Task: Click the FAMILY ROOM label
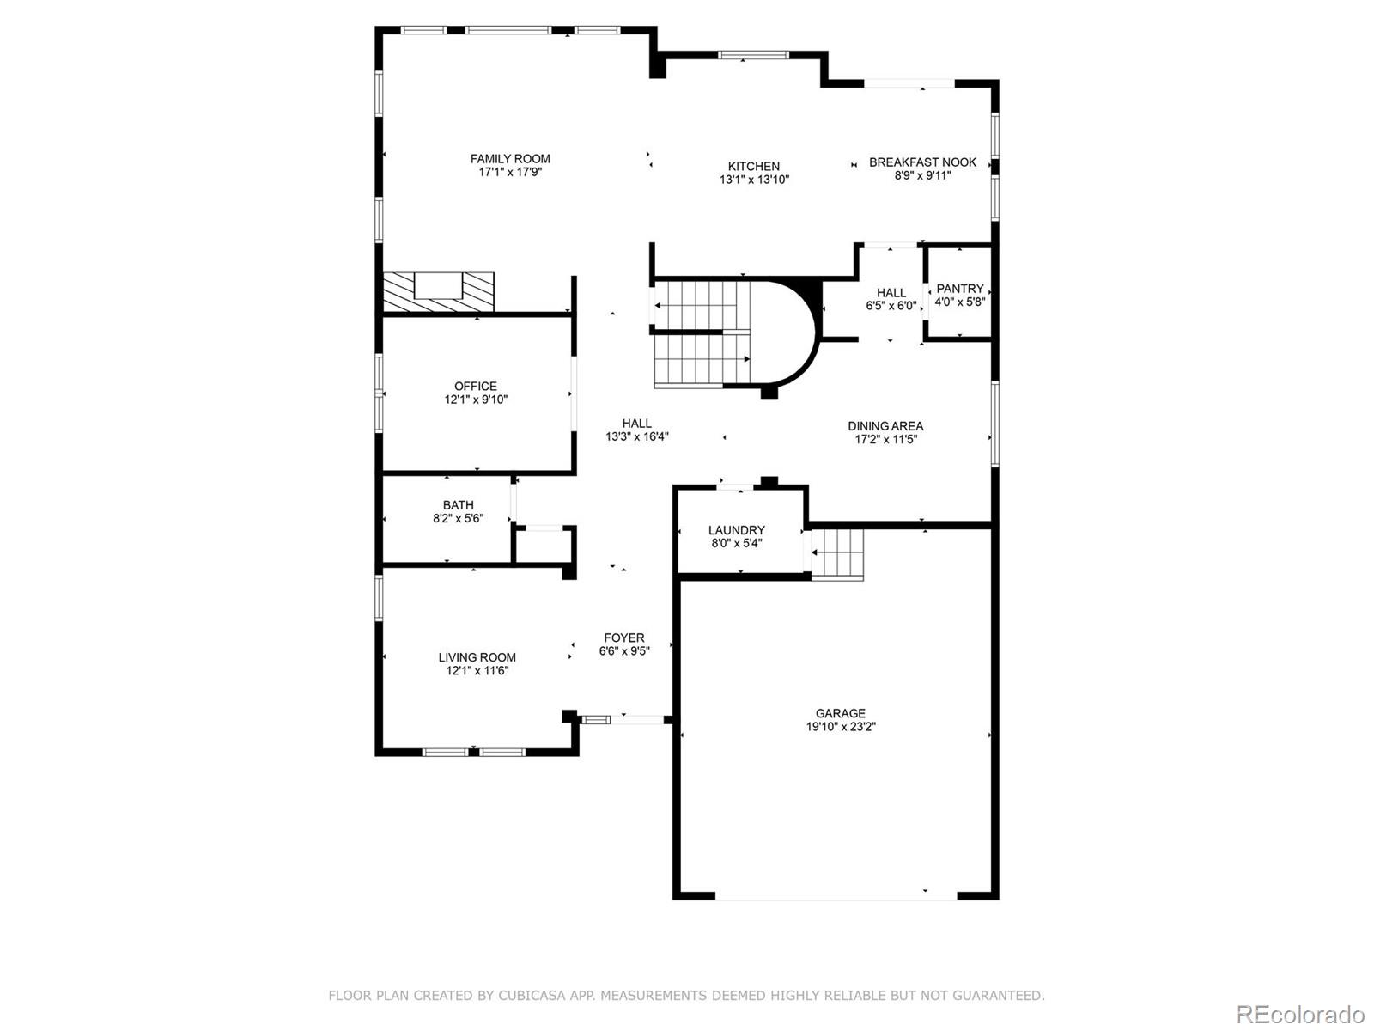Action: click(510, 159)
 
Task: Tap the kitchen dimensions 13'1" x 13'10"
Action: click(754, 180)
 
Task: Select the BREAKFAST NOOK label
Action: click(922, 162)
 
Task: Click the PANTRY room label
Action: click(959, 289)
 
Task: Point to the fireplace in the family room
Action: click(439, 290)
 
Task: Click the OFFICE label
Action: click(475, 387)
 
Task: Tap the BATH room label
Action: click(458, 505)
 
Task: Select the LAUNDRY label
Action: click(736, 530)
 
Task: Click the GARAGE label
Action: click(840, 713)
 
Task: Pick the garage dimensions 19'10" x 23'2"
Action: click(840, 727)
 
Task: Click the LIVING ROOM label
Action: click(477, 657)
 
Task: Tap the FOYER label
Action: click(623, 638)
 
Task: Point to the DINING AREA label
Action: click(885, 426)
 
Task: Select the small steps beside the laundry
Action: click(837, 553)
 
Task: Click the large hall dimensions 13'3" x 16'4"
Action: click(636, 436)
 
